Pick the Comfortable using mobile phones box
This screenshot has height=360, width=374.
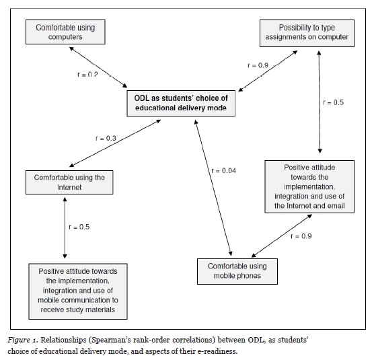tap(237, 271)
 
